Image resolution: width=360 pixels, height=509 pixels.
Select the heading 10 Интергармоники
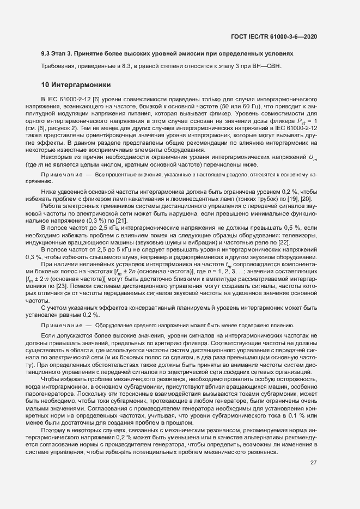coord(76,85)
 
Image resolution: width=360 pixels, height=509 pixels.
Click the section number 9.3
coord(46,54)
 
